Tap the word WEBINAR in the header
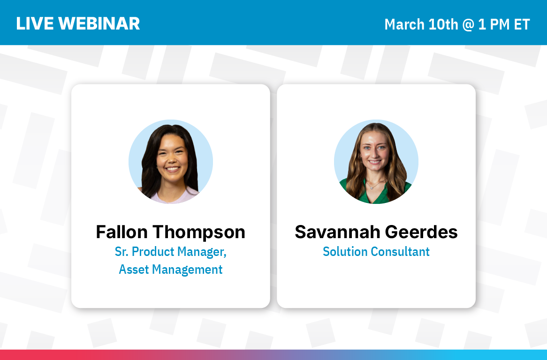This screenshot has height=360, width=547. tap(99, 24)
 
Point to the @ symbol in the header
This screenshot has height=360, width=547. tap(468, 25)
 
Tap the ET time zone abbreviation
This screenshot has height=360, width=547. tap(522, 24)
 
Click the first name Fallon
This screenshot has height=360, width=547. tap(122, 232)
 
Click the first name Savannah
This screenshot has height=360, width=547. tap(337, 232)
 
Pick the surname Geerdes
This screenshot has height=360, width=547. tap(421, 232)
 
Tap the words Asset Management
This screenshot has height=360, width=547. tap(171, 270)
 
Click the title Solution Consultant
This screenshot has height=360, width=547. tap(376, 252)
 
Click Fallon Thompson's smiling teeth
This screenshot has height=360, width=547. tap(172, 169)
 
